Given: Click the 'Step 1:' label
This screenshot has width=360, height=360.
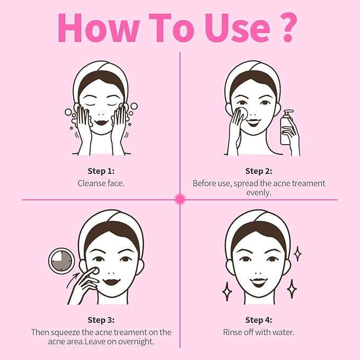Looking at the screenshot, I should coord(101,171).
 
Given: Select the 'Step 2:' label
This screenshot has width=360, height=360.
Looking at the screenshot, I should coord(259,171).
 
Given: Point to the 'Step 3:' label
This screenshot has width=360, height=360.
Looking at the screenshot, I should coord(101,320).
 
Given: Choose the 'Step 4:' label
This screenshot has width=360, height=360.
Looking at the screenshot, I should coord(259,320).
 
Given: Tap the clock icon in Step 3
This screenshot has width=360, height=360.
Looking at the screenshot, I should coord(62,261).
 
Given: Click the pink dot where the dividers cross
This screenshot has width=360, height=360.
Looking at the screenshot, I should coord(180,199).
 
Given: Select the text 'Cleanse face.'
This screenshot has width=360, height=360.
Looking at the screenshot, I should coord(101,183).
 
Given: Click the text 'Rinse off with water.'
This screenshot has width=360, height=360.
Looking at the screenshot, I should coord(259,332).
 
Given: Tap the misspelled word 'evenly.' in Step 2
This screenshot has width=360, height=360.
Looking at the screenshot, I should coord(259,193).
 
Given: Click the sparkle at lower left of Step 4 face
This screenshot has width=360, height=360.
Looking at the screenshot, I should coord(227,291).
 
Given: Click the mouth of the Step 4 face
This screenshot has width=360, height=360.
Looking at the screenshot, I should coord(259,282).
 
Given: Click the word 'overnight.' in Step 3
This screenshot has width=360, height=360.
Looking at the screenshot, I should coord(137,342).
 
